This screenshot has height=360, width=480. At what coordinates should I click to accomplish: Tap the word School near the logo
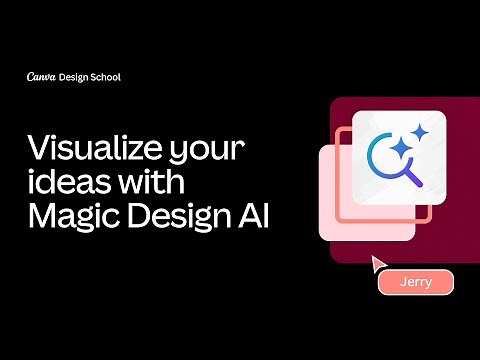coord(106,77)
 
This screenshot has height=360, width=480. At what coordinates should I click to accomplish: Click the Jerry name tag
coord(416,282)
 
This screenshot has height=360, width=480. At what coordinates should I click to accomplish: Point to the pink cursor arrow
coord(378,263)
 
